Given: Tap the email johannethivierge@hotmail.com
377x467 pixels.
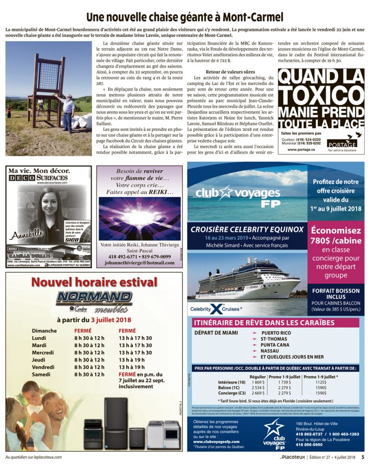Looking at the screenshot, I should [x=139, y=263].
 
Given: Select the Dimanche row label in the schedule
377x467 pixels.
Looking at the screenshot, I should [x=44, y=331].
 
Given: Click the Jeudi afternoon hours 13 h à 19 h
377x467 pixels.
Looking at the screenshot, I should [x=135, y=360].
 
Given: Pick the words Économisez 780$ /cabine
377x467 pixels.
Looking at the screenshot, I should [x=336, y=236].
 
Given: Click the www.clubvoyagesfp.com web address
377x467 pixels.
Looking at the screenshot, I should [x=217, y=441].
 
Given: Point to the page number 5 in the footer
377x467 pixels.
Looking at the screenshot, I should [x=363, y=457].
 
